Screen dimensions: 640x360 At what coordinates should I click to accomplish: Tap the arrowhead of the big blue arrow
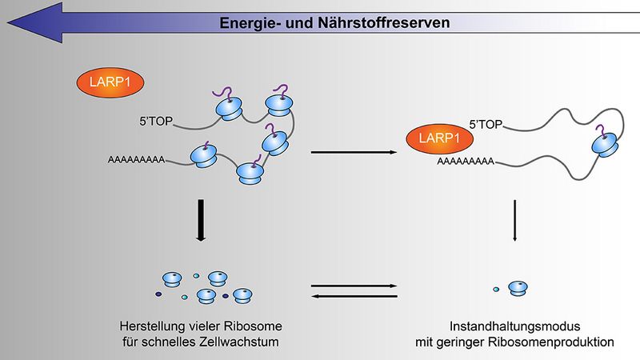[x=35, y=22]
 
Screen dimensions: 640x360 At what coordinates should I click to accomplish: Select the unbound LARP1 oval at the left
[x=110, y=82]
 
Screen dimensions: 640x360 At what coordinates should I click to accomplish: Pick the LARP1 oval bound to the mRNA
[x=439, y=138]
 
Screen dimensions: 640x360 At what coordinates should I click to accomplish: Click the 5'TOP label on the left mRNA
[x=156, y=122]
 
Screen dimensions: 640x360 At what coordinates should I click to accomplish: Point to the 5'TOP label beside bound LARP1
[x=486, y=125]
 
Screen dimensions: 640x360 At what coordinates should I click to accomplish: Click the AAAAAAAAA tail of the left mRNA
[x=136, y=159]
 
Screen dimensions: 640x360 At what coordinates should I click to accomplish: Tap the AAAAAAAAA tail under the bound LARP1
[x=466, y=162]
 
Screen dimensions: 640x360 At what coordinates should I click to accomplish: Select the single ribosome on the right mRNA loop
[x=605, y=143]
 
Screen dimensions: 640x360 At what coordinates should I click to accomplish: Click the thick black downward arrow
[x=201, y=221]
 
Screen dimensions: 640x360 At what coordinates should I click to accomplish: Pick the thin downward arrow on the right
[x=514, y=221]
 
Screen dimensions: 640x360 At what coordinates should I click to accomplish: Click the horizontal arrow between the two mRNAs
[x=354, y=152]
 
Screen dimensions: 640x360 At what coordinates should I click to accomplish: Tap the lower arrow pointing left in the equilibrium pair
[x=354, y=296]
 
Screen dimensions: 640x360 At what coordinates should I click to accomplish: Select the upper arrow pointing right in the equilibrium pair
[x=354, y=286]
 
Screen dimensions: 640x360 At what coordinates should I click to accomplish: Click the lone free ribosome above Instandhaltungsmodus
[x=518, y=288]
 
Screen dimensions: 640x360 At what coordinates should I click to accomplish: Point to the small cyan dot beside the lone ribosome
[x=496, y=290]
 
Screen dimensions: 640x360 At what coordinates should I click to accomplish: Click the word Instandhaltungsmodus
[x=514, y=326]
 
